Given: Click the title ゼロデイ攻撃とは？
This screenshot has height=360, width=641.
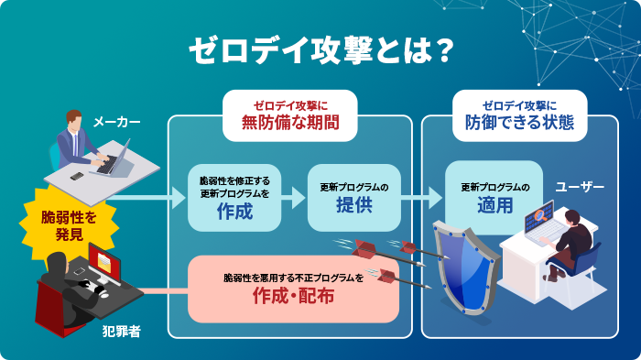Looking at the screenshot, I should [x=320, y=51].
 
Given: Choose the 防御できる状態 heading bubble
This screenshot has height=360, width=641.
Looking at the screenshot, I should [x=518, y=114].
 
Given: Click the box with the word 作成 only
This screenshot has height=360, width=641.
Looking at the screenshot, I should [x=234, y=197].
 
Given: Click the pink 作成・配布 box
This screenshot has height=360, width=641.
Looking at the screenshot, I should [x=293, y=288].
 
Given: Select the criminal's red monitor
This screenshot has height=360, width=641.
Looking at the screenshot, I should [x=102, y=267].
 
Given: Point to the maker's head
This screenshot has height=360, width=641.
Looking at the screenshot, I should [x=73, y=121].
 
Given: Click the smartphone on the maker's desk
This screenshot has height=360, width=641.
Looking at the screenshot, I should [x=77, y=176].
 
